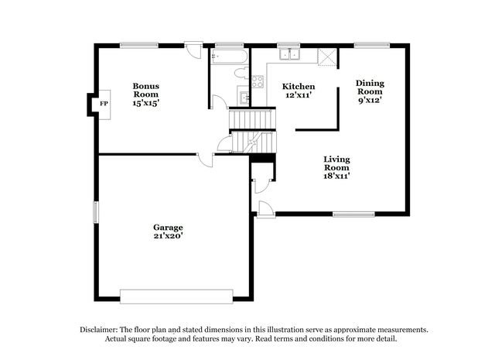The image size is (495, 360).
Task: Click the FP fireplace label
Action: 104,104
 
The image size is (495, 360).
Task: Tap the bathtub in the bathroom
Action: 230,57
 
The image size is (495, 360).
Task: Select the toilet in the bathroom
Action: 242,73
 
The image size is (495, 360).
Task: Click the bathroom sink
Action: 244,98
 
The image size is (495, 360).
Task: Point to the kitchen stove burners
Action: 258,81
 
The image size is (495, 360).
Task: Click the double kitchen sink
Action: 289,54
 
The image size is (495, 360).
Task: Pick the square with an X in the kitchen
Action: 326,57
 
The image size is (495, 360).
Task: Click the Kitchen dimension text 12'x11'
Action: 299,94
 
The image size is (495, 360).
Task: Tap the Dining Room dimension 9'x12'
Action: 370,100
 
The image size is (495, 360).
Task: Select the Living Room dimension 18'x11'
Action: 336,176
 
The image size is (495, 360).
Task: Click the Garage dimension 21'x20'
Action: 169,235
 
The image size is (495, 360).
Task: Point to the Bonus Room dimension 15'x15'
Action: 145,103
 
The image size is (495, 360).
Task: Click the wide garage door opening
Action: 176,297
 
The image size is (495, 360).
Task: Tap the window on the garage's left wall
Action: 95,212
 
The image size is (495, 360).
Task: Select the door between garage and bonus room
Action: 205,160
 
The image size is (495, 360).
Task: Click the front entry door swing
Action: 265,209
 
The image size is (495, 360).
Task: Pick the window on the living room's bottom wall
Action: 354,214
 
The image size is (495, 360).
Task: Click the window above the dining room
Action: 372,46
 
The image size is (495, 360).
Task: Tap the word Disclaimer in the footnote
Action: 99,330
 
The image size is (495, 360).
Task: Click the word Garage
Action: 168,228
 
